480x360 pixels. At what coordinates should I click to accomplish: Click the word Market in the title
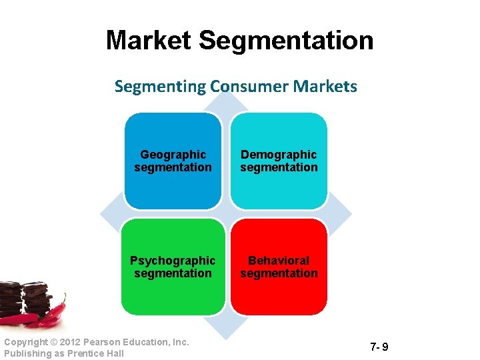(149, 41)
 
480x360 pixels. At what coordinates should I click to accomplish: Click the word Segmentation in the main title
(286, 41)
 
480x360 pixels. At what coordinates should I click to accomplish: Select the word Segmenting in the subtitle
(160, 87)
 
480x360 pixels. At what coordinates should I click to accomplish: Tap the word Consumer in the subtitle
(243, 87)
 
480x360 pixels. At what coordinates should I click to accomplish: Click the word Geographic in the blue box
(173, 155)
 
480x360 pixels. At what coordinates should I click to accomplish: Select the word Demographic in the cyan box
(279, 155)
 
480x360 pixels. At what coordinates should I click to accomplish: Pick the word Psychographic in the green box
(173, 261)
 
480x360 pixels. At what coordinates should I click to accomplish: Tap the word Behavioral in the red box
(279, 261)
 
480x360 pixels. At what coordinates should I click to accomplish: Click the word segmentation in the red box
(279, 273)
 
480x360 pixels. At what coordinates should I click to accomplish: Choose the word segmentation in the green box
(173, 273)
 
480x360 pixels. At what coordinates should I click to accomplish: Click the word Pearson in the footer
(105, 342)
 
